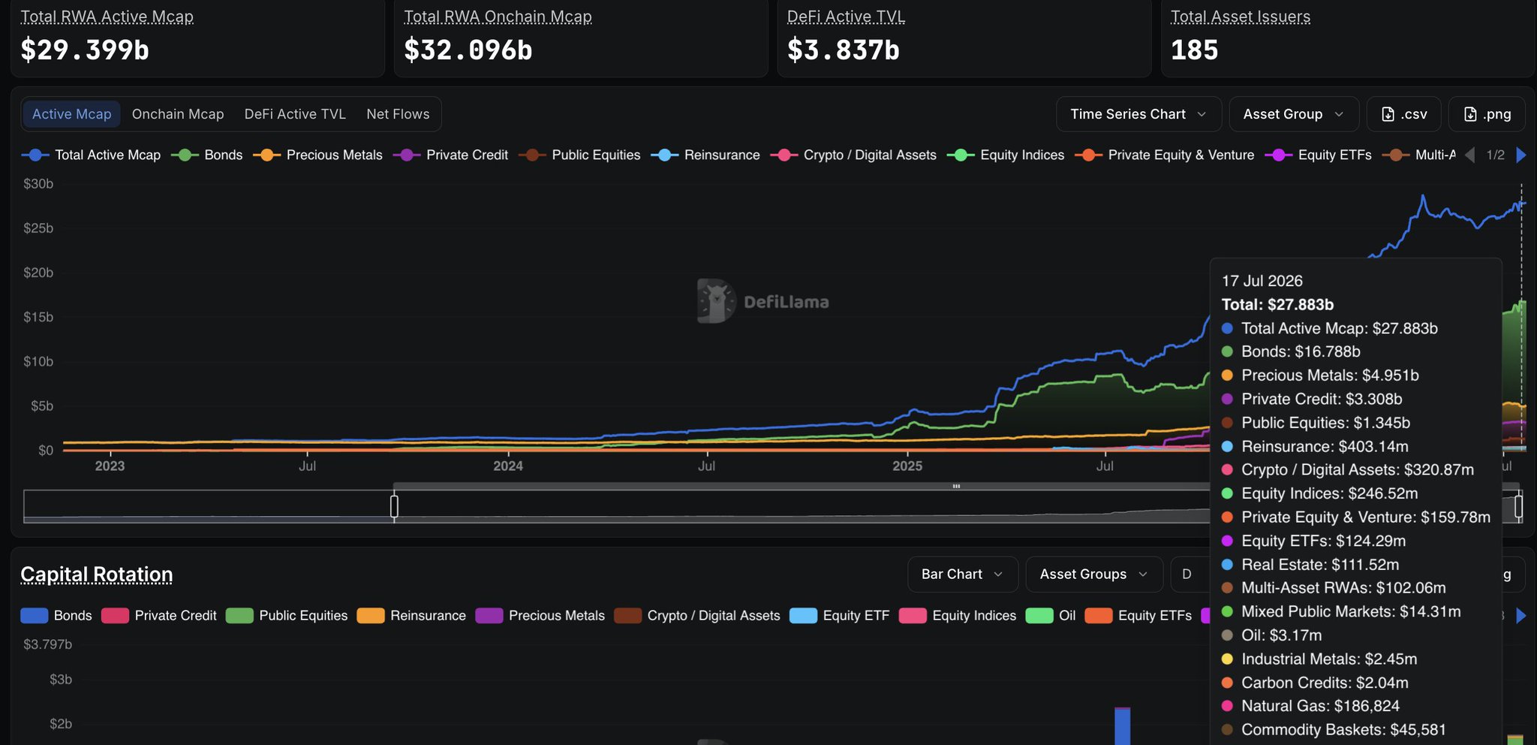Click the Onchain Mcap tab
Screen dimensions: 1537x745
pos(178,114)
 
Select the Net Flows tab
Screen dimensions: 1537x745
pos(398,114)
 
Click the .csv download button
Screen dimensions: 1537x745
pos(1404,114)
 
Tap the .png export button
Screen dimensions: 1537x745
pos(1487,114)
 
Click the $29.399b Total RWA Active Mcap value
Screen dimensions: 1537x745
pos(85,50)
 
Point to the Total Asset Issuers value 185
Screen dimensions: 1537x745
pos(1194,50)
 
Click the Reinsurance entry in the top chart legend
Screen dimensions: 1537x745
pos(705,155)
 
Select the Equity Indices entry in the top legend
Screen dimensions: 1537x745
pos(1006,155)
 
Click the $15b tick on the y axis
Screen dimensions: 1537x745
pos(38,317)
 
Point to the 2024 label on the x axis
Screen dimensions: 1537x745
pos(508,466)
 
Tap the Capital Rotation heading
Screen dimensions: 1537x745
pos(97,575)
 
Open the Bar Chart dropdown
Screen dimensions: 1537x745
pos(963,575)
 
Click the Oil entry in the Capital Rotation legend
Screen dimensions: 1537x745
pos(1051,616)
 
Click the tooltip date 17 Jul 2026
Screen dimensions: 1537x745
pos(1262,281)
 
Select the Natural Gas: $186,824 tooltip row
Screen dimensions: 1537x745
pos(1310,706)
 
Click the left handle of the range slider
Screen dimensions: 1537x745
pos(394,506)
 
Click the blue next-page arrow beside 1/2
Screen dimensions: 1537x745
pos(1521,155)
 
